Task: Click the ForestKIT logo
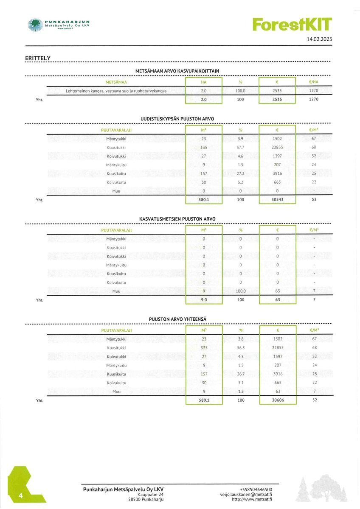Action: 292,24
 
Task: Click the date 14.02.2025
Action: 319,39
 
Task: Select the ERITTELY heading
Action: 38,58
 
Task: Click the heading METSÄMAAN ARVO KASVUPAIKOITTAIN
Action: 177,71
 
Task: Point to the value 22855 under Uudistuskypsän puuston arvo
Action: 277,147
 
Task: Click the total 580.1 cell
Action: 204,199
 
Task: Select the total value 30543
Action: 277,199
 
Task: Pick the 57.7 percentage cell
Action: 240,147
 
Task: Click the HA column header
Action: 204,82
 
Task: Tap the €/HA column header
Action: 314,82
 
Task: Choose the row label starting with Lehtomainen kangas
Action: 116,91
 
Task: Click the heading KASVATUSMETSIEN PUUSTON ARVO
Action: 177,219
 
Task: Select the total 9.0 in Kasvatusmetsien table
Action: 204,300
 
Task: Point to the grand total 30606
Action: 277,400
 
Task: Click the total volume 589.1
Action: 204,400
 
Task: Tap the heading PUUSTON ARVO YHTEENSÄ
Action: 177,319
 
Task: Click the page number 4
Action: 20,496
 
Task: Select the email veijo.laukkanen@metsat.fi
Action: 246,494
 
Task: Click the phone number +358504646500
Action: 256,489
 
